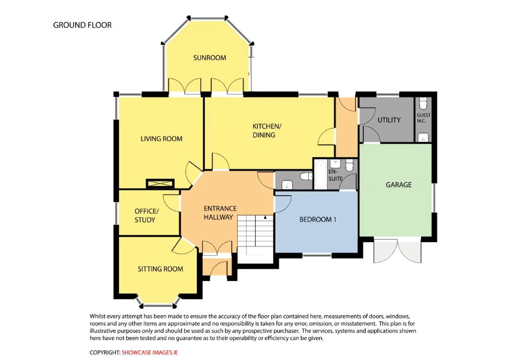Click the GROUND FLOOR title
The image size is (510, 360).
point(82,25)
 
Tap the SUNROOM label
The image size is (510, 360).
point(210,58)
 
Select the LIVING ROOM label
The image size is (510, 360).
point(161,139)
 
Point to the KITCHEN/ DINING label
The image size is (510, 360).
point(267,131)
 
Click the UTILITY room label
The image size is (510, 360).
point(389,120)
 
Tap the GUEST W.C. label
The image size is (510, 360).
point(424,118)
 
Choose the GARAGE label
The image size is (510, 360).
point(398,185)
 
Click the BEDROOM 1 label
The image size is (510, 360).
point(318,219)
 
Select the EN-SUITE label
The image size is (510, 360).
point(335,175)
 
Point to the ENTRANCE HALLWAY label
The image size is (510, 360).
point(220,213)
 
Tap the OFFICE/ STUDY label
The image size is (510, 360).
point(146,215)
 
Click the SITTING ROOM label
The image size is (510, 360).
point(160,269)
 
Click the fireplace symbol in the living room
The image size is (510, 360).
point(160,184)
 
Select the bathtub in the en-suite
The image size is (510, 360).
point(321,174)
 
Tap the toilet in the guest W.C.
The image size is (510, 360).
point(423,103)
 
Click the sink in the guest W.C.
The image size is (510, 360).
point(423,137)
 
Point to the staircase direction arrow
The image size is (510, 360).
point(265,217)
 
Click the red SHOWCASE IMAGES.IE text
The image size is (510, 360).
point(149,352)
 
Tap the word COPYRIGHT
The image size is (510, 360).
point(105,352)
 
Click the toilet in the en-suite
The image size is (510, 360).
point(349,165)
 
